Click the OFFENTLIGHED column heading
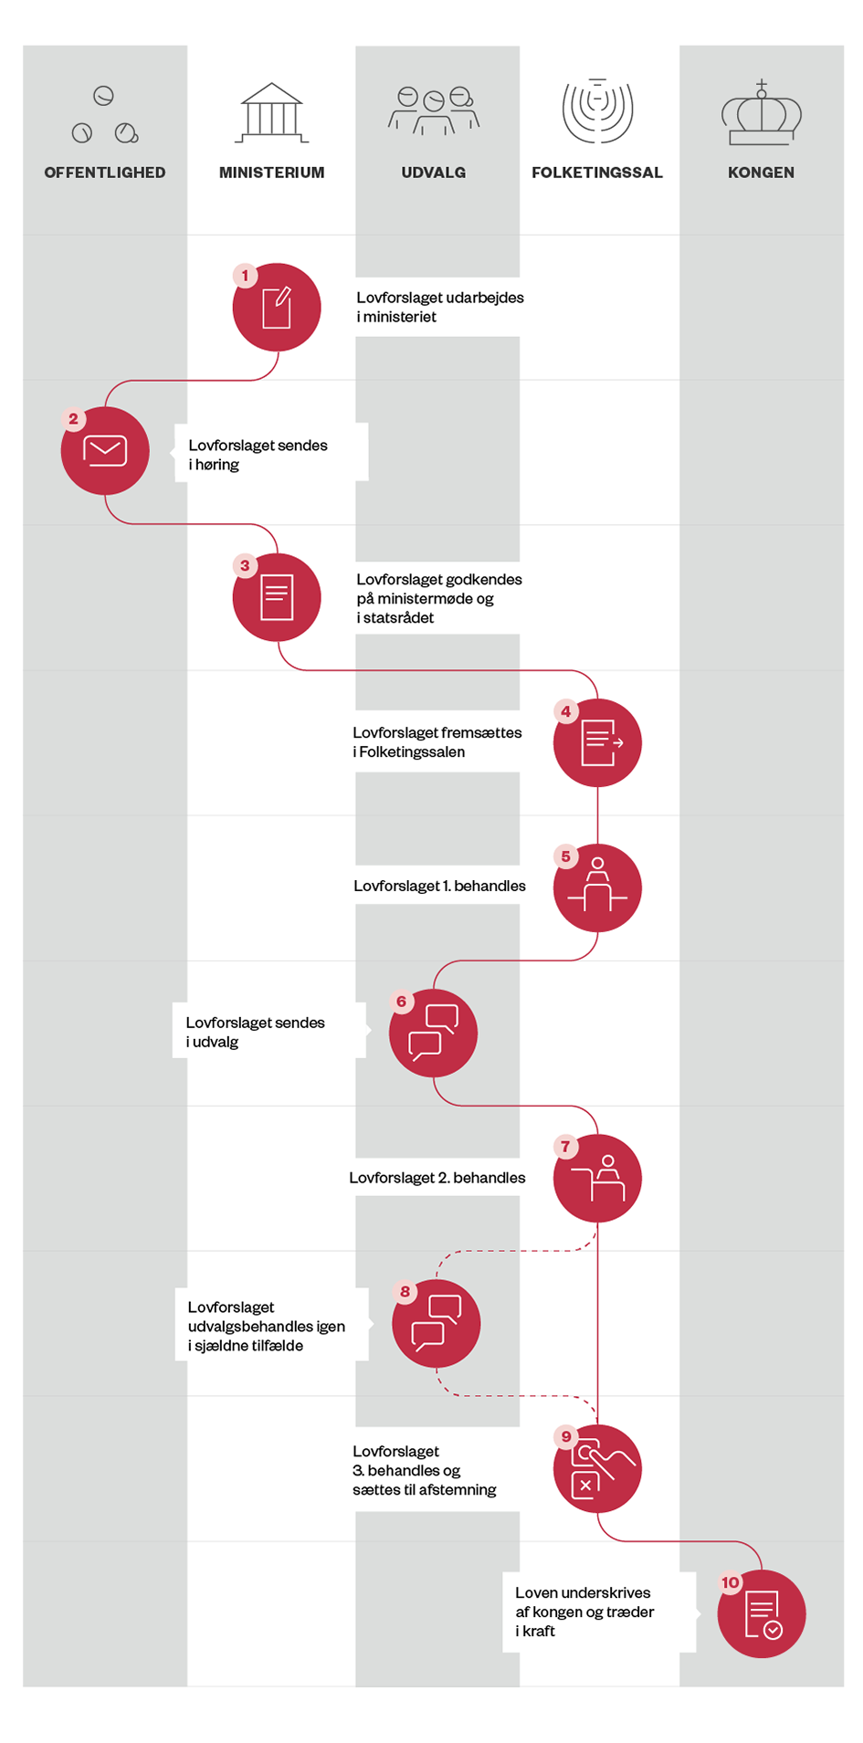click(105, 173)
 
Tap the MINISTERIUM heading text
click(271, 173)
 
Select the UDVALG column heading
click(434, 173)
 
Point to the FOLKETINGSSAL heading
click(597, 173)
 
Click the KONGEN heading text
click(761, 173)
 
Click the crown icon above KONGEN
click(761, 112)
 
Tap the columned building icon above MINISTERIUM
click(271, 112)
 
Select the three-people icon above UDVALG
click(434, 110)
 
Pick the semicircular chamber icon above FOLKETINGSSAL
click(597, 110)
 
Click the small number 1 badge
click(245, 276)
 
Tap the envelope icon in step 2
click(105, 451)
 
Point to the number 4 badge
click(565, 711)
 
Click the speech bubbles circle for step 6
click(433, 1033)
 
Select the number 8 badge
click(405, 1292)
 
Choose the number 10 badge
click(731, 1582)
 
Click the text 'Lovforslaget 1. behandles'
click(439, 886)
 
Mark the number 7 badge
click(565, 1147)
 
